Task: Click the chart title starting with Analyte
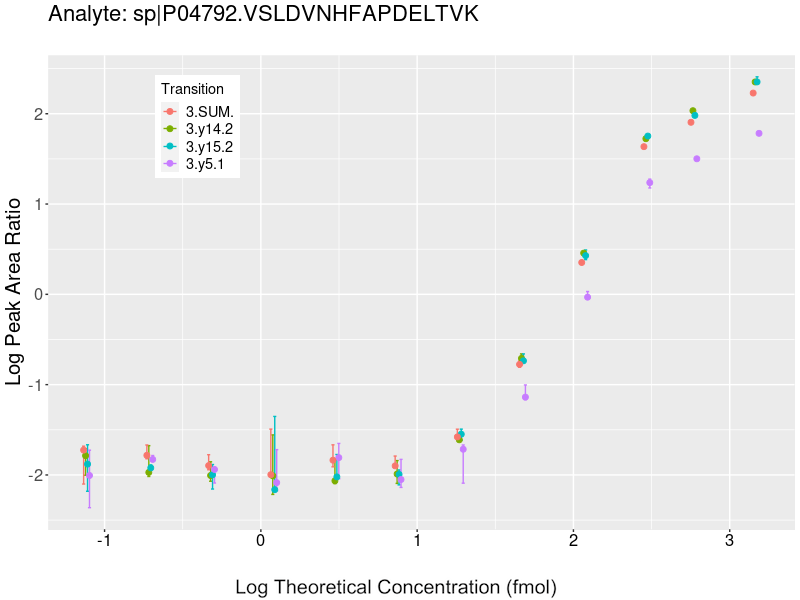coord(263,15)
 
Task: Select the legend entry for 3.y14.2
coord(209,129)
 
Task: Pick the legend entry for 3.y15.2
coord(209,147)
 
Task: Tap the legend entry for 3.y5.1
coord(205,165)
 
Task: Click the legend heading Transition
coord(193,89)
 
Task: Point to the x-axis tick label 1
coord(417,541)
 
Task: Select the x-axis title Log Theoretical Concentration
coord(395,586)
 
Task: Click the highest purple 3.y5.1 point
coord(759,133)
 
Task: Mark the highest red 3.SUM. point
coord(753,93)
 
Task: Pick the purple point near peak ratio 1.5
coord(697,159)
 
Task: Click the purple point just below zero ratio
coord(587,297)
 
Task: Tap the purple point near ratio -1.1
coord(525,397)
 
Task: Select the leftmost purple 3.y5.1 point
coord(90,475)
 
